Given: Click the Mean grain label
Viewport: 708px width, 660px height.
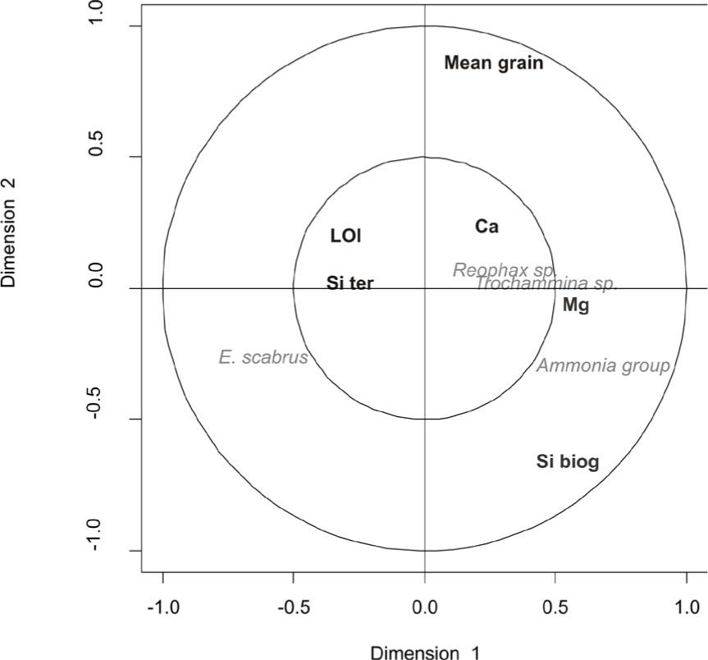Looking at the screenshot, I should [493, 62].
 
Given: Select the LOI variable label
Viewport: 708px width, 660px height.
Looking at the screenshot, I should [345, 236].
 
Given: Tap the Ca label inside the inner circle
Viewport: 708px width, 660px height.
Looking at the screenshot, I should [486, 227].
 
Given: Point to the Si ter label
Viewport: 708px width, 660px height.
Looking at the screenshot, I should [349, 283].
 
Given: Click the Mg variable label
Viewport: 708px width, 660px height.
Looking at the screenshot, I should [576, 305].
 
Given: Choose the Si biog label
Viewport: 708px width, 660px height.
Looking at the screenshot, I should [568, 462].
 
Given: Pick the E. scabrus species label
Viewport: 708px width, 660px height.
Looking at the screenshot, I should [263, 357].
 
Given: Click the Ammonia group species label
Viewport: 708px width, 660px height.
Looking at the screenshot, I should [603, 365].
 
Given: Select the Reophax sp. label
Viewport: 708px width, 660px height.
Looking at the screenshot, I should [505, 270].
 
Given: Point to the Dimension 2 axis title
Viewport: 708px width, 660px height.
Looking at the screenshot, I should [10, 233].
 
